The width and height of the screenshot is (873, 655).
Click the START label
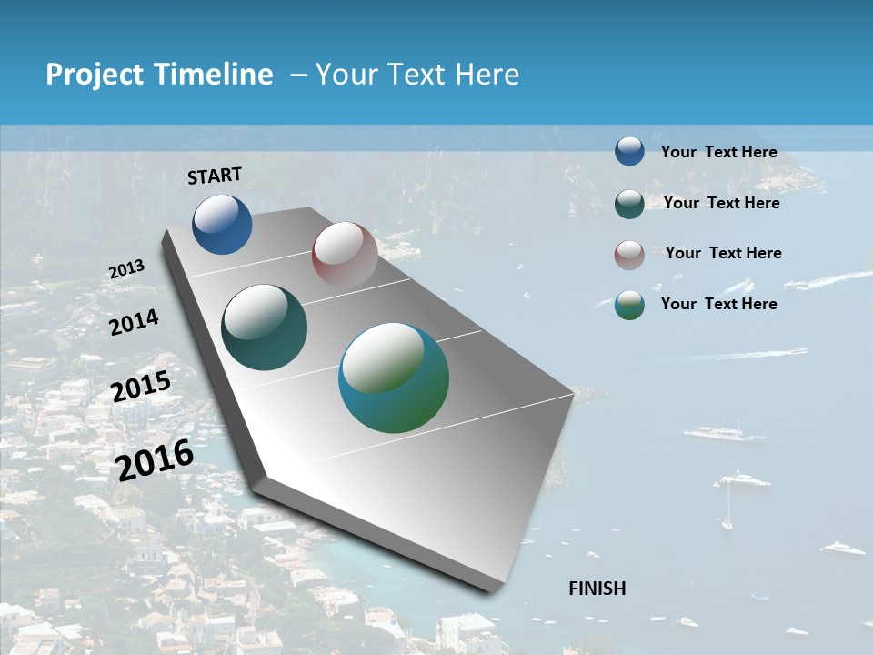click(215, 176)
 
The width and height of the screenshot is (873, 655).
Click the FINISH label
click(597, 589)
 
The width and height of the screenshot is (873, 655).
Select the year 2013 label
click(126, 269)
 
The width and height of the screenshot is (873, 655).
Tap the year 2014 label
click(134, 322)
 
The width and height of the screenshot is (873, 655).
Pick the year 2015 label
click(141, 387)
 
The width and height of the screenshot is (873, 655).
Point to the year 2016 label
click(156, 459)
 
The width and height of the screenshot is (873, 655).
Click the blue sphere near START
click(222, 224)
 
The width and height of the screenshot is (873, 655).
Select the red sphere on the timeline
click(345, 255)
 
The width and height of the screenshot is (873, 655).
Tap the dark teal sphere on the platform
click(264, 327)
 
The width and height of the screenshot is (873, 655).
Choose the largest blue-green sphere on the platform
click(394, 378)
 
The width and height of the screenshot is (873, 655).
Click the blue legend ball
click(629, 151)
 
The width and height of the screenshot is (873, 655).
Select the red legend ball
click(629, 254)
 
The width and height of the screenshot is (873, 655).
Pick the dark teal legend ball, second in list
click(629, 204)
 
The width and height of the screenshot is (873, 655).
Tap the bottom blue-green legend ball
click(629, 305)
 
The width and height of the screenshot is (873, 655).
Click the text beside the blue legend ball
click(718, 152)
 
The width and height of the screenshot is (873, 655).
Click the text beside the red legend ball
click(723, 253)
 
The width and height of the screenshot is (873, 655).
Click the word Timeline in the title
click(215, 75)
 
